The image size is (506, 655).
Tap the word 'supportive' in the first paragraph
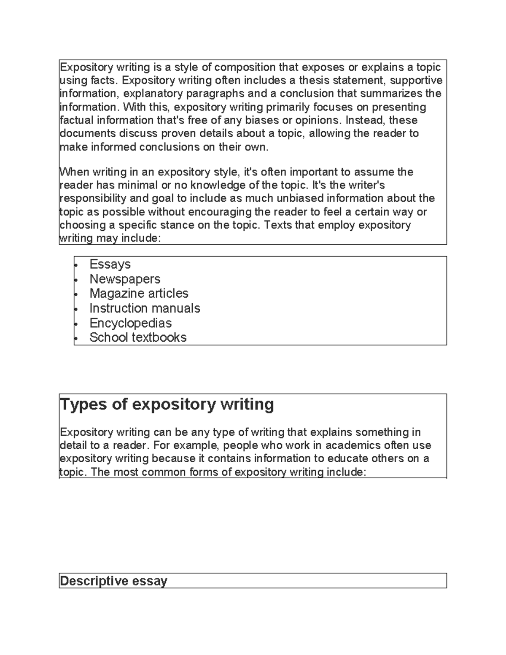coord(417,80)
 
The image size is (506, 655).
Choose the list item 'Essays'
coord(110,264)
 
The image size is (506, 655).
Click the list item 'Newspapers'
coord(125,279)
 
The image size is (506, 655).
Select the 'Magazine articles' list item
coord(139,294)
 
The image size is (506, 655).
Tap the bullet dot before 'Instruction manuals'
coord(76,309)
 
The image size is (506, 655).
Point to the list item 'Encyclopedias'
coord(131,323)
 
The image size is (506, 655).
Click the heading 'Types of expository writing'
coord(167,404)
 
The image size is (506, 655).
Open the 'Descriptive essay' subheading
coord(113,581)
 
